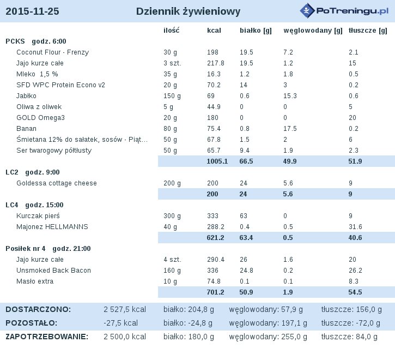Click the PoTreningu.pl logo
pyautogui.click(x=344, y=10)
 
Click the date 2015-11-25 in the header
pyautogui.click(x=32, y=11)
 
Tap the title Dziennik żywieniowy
pyautogui.click(x=188, y=11)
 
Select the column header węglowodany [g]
pyautogui.click(x=313, y=31)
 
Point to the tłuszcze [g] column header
pyautogui.click(x=368, y=31)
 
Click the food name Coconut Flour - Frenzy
pyautogui.click(x=53, y=52)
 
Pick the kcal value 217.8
pyautogui.click(x=216, y=63)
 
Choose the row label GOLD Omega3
pyautogui.click(x=40, y=118)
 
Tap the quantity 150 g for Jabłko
pyautogui.click(x=172, y=96)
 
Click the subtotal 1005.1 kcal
pyautogui.click(x=217, y=161)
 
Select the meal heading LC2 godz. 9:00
pyautogui.click(x=33, y=172)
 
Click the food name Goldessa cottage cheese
pyautogui.click(x=57, y=183)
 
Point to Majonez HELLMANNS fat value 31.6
pyautogui.click(x=355, y=227)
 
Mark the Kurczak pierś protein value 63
pyautogui.click(x=244, y=216)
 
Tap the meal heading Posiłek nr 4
pyautogui.click(x=26, y=249)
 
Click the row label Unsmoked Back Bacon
pyautogui.click(x=53, y=271)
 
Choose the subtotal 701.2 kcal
pyautogui.click(x=215, y=292)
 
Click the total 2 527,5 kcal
pyautogui.click(x=125, y=309)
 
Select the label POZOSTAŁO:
pyautogui.click(x=32, y=323)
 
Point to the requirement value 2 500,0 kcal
pyautogui.click(x=125, y=337)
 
